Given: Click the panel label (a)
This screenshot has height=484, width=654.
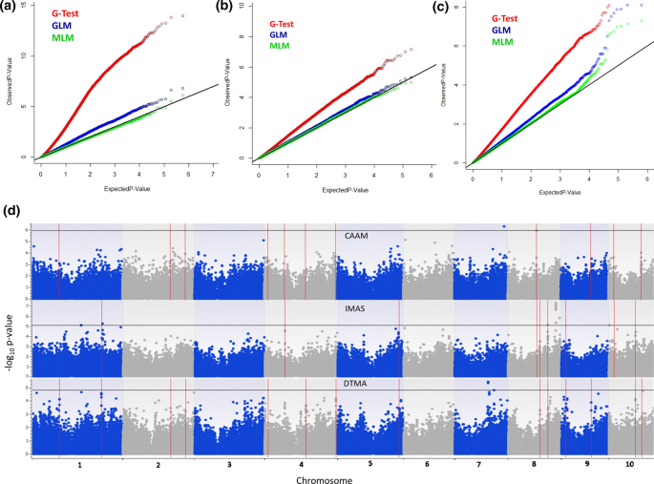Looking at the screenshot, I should [10, 8].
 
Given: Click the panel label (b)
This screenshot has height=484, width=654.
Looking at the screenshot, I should [225, 8].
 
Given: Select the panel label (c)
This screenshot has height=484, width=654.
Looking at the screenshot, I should [440, 8].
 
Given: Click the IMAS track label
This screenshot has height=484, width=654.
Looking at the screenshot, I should [356, 309].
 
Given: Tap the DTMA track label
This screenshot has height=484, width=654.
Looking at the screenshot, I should [356, 383].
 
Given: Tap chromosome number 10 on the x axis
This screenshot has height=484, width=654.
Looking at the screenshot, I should [629, 463].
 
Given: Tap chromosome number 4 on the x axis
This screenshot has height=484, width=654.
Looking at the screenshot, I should [299, 463].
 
